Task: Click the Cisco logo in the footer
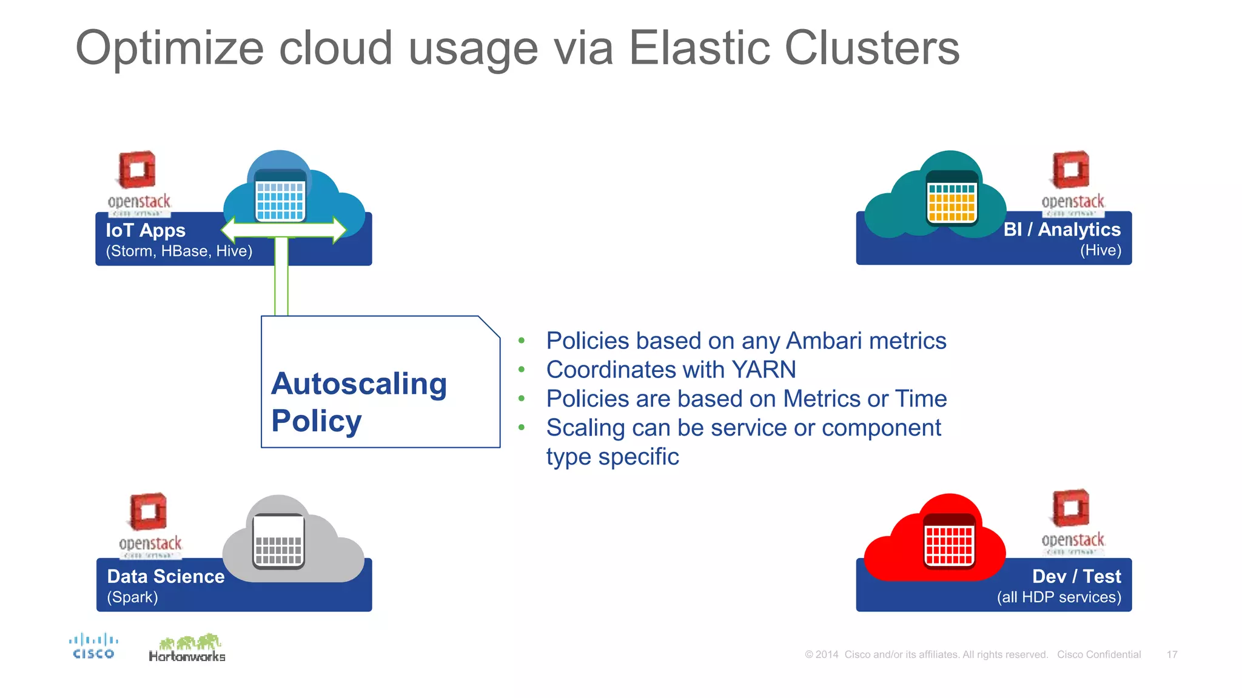pos(93,646)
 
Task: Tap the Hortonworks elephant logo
pos(187,648)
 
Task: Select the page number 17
pos(1172,654)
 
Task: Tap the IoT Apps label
pos(146,230)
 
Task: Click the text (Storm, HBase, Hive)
pos(179,251)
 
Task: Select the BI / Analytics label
pos(1062,230)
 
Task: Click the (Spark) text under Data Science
pos(132,597)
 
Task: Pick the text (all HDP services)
pos(1059,597)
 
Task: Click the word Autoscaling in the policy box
pos(359,384)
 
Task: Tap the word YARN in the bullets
pos(764,370)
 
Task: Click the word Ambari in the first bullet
pos(823,341)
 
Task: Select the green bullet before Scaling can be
pos(522,428)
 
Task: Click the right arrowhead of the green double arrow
pos(338,230)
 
